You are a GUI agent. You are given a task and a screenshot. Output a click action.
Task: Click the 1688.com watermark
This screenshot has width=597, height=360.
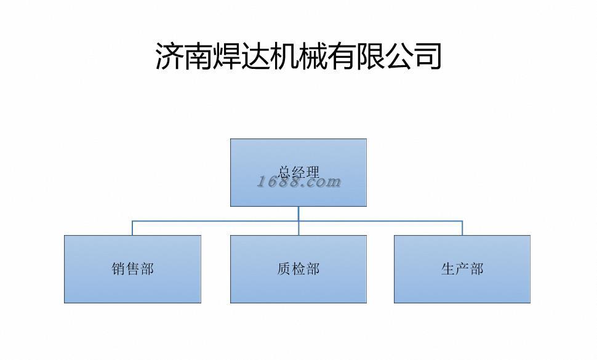(298, 182)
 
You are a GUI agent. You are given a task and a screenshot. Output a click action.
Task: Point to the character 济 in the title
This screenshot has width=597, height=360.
(169, 56)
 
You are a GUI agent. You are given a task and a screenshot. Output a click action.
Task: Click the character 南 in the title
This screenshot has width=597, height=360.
(198, 56)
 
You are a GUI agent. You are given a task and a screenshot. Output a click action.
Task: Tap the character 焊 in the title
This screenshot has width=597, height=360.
(227, 56)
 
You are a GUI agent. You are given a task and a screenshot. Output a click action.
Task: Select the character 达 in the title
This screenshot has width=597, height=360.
(255, 56)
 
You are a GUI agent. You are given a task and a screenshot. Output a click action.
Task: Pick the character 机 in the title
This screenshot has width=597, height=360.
(284, 56)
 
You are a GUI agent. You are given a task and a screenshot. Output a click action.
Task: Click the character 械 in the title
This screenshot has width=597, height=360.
(313, 56)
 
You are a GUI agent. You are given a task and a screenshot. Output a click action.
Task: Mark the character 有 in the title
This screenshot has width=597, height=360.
(342, 56)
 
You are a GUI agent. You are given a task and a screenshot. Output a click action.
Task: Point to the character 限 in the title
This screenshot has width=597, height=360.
(371, 56)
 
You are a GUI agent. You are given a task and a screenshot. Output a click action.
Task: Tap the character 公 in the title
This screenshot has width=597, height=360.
(399, 56)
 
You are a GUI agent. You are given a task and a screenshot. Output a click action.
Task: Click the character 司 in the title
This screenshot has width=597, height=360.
(428, 56)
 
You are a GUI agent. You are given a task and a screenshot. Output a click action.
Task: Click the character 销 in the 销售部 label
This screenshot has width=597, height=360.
(118, 269)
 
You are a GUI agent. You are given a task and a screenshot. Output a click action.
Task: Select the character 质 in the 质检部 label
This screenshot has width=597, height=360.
(284, 269)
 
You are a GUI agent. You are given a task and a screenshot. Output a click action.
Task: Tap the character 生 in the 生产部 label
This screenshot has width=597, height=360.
(448, 269)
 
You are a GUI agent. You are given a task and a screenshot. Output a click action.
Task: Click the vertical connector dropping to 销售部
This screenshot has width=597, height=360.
(132, 228)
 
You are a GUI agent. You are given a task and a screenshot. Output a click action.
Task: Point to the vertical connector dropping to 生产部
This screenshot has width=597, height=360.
(462, 228)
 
